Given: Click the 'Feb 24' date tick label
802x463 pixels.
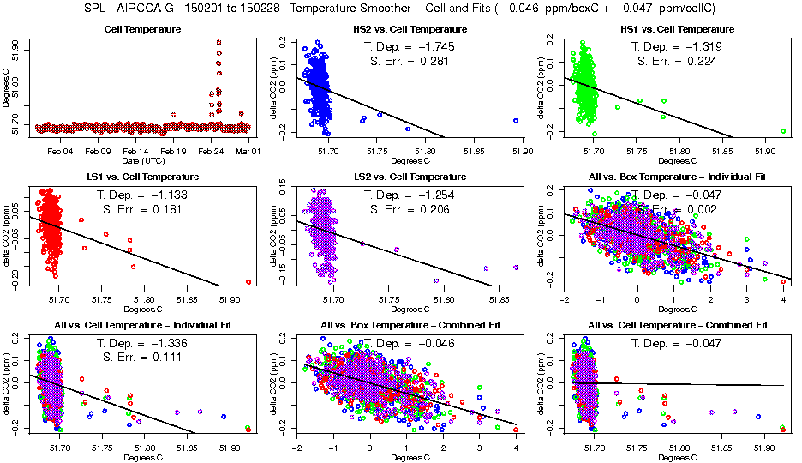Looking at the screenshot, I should (x=211, y=152).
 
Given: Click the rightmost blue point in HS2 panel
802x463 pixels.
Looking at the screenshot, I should (x=516, y=121).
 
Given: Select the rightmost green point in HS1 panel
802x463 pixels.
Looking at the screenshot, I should (x=783, y=131).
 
